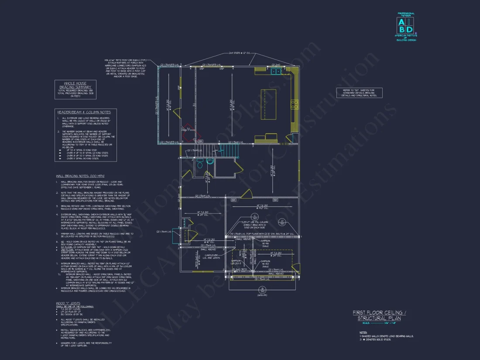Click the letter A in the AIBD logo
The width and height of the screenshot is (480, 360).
click(x=401, y=23)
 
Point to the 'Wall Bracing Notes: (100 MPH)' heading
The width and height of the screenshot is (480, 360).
click(x=80, y=175)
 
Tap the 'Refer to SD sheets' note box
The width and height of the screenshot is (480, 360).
click(x=359, y=93)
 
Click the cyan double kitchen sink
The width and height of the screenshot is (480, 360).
click(x=276, y=71)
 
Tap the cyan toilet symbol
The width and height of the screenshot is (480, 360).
click(x=210, y=162)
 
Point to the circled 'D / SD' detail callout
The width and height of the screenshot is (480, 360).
click(x=282, y=222)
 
